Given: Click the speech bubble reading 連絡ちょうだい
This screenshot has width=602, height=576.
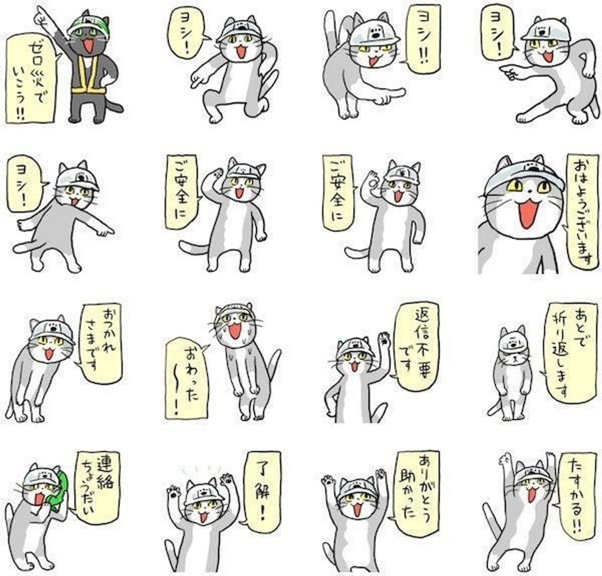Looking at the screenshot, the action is click(96, 489).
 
